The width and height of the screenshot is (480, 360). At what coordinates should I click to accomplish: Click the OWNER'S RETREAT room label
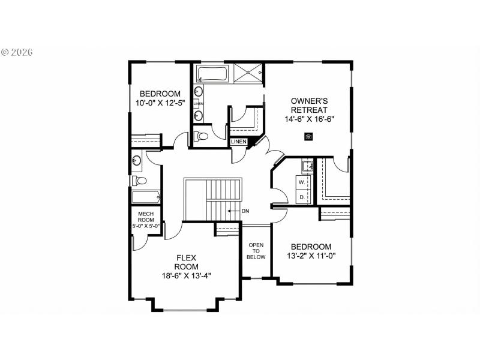[309, 106]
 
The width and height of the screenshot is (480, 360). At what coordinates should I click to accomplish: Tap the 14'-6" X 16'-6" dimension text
[309, 119]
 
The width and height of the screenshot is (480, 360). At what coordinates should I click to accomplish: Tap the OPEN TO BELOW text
[256, 251]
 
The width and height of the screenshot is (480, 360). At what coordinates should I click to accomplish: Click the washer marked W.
[302, 181]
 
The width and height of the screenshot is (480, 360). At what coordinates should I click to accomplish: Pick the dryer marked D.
[302, 196]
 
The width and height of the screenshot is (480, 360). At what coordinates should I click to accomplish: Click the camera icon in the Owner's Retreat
[308, 137]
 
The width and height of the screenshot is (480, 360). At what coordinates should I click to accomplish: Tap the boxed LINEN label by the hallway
[239, 142]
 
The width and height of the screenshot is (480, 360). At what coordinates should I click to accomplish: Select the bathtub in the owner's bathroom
[211, 75]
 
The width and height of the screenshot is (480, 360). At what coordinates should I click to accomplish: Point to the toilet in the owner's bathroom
[202, 136]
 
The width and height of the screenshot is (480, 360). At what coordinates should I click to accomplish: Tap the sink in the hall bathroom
[137, 160]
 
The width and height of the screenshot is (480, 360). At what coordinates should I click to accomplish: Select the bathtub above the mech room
[146, 197]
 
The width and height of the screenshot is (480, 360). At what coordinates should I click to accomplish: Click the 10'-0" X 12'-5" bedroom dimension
[160, 103]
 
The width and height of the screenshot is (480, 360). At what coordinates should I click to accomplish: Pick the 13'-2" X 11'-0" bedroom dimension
[311, 256]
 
